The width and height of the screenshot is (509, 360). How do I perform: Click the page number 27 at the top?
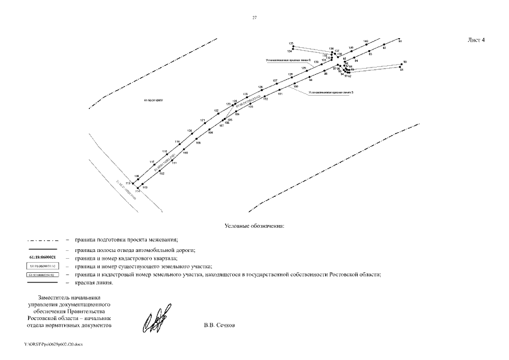pyautogui.click(x=254, y=18)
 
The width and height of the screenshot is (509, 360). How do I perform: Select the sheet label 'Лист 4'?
pyautogui.click(x=476, y=40)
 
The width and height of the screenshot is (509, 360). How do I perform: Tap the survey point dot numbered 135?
pyautogui.click(x=293, y=46)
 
